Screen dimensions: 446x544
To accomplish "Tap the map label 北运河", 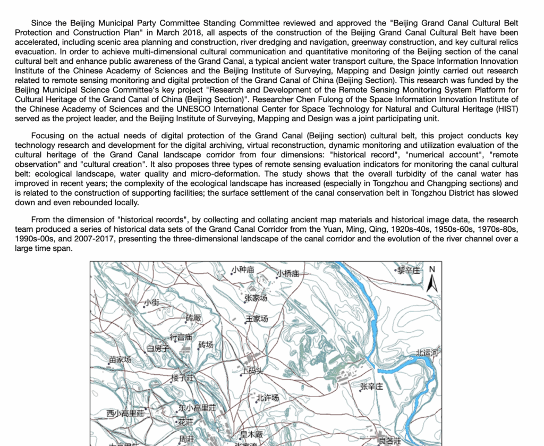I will (x=427, y=352).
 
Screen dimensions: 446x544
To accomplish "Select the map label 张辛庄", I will (x=371, y=386).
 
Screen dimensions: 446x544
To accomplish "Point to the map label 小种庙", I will (x=243, y=270).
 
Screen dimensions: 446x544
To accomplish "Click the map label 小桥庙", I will (x=288, y=274).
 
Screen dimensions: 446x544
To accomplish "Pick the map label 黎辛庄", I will (x=410, y=271).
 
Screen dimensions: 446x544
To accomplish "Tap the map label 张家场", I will (x=256, y=298).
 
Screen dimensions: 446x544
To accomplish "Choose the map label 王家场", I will (x=257, y=319).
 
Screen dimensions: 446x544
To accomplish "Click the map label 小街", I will (x=151, y=302).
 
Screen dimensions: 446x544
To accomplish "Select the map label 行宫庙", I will (x=180, y=337).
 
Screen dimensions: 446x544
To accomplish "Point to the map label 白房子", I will (x=158, y=349).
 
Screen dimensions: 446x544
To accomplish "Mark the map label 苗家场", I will (x=120, y=360).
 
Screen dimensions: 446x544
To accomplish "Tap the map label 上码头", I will (x=252, y=371).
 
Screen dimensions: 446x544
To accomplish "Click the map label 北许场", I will (x=267, y=398).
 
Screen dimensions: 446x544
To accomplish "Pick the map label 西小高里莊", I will (x=125, y=413).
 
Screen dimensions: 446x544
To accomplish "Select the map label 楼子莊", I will (x=182, y=378).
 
